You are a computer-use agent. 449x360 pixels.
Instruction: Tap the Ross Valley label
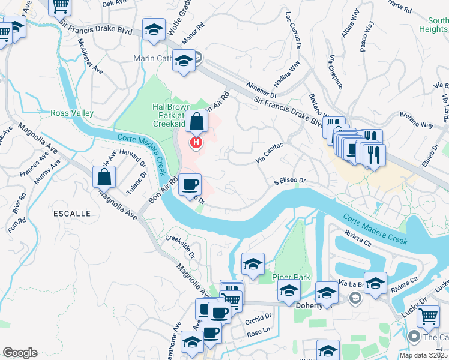(71, 113)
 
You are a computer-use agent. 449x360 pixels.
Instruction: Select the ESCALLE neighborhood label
(71, 213)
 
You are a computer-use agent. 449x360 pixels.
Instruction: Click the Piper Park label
(291, 277)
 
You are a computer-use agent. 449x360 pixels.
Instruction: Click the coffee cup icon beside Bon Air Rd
(190, 184)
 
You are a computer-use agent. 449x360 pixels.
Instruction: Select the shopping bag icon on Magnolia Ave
(104, 177)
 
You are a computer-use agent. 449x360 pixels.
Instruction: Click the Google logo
(20, 353)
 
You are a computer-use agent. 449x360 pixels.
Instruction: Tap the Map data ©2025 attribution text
(423, 355)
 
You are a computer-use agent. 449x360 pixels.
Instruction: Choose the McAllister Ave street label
(89, 55)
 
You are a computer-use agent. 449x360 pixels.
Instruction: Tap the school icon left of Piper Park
(253, 263)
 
